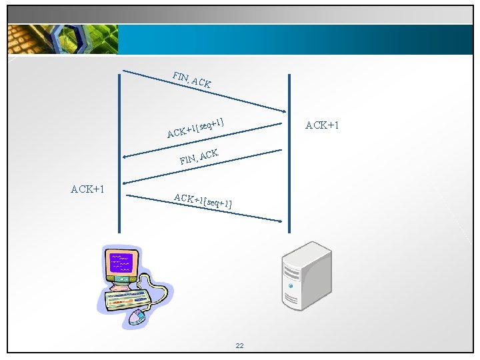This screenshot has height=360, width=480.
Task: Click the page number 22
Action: point(240,345)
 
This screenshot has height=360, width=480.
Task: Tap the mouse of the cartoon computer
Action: point(137,317)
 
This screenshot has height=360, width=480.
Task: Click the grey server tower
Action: point(306,277)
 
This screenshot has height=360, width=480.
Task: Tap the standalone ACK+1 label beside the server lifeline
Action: point(323,125)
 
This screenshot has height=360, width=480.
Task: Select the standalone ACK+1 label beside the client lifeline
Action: point(87,189)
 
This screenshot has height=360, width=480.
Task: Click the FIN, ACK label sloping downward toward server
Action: point(191,79)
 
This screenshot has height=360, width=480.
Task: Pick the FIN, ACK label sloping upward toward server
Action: point(199,157)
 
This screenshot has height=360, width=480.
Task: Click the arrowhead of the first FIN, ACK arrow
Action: point(281,109)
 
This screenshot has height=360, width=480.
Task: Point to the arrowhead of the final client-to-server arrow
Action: point(281,221)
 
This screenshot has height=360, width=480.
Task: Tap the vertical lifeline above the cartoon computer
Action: point(119,153)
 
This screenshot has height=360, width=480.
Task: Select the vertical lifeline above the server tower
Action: point(289,153)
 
